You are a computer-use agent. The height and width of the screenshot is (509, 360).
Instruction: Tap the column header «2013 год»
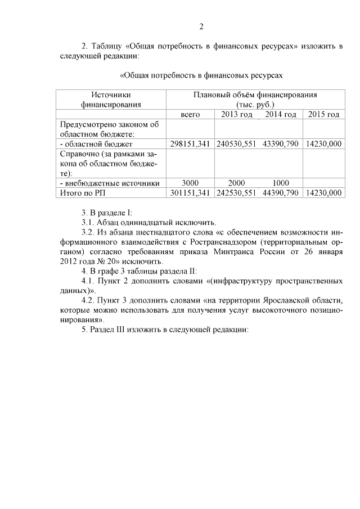click(236, 115)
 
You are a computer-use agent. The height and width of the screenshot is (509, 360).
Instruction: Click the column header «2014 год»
click(280, 115)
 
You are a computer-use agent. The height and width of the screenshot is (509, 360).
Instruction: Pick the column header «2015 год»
click(323, 115)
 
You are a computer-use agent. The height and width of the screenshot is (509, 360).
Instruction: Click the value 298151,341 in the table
click(190, 144)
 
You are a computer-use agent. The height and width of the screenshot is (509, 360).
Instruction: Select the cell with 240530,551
click(236, 144)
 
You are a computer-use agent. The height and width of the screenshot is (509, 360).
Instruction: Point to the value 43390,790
click(280, 144)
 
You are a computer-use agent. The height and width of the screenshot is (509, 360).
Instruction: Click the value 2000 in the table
click(236, 183)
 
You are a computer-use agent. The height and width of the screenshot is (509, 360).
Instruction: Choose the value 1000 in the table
click(280, 183)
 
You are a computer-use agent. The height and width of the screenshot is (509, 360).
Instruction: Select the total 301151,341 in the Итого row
click(190, 193)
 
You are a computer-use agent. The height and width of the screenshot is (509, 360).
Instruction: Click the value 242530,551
click(236, 193)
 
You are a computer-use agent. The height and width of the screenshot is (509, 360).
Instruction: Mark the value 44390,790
click(280, 193)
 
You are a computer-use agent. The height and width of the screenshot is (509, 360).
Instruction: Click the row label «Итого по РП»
click(82, 193)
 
